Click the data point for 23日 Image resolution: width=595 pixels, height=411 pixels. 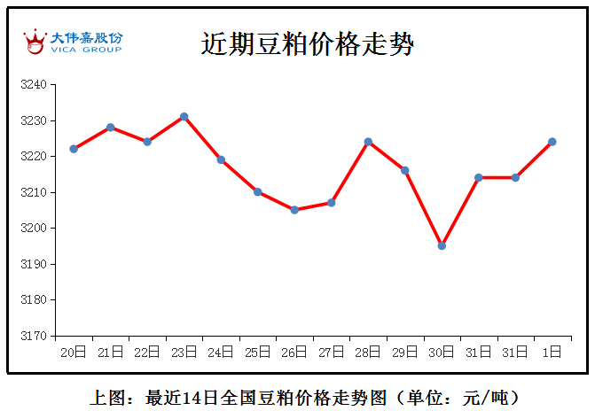[x=184, y=117]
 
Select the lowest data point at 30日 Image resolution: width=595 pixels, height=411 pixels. [x=442, y=245]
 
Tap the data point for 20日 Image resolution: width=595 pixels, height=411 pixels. [x=74, y=149]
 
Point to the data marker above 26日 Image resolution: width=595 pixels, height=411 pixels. [x=294, y=210]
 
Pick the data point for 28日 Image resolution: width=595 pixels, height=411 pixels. [x=368, y=142]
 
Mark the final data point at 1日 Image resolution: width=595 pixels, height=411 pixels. [x=552, y=142]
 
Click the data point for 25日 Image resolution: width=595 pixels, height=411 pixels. [x=258, y=192]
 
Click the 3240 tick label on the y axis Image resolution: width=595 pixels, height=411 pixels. [x=34, y=84]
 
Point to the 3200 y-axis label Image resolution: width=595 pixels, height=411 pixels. [x=34, y=228]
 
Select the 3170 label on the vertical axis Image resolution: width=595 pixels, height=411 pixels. [x=34, y=336]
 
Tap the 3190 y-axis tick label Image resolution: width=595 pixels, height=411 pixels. [x=34, y=264]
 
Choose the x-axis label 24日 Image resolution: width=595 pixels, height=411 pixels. [x=221, y=353]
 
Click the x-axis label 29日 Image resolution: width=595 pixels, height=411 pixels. [x=405, y=353]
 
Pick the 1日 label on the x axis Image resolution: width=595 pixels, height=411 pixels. [x=552, y=353]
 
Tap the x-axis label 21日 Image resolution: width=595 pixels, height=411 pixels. [x=111, y=353]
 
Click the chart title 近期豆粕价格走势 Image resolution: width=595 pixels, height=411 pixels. [x=307, y=44]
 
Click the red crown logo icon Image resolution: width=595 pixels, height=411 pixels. [x=35, y=42]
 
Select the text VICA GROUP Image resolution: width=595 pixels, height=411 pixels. [x=86, y=50]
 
